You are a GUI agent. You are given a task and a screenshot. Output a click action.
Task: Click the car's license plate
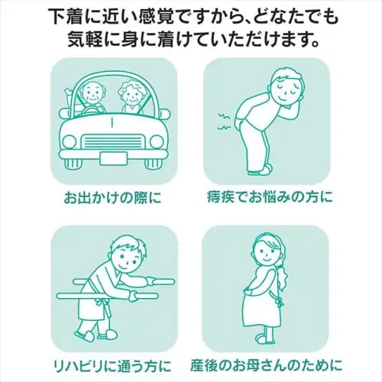pos(113,157)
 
